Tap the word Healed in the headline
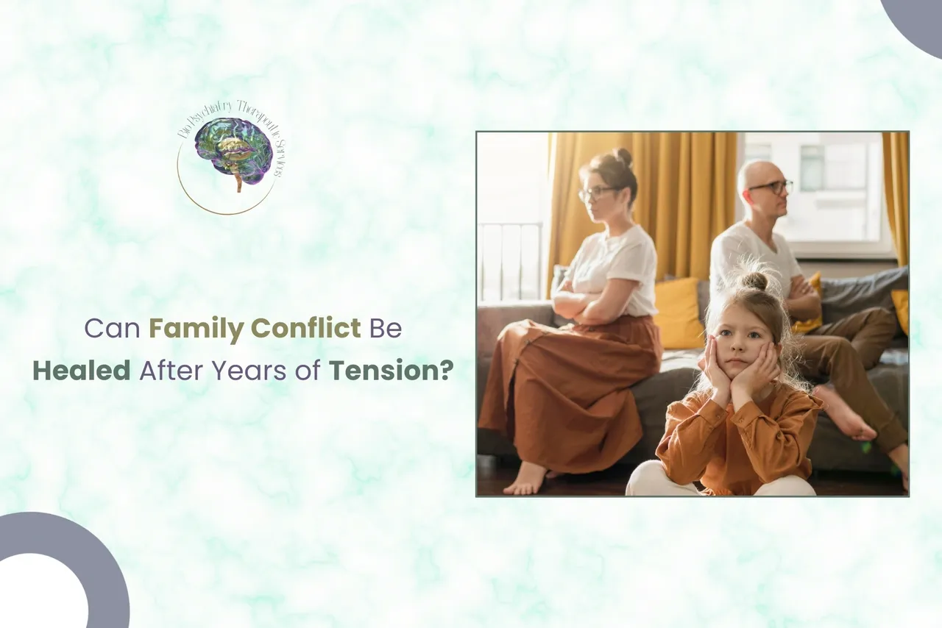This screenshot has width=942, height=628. tap(81, 370)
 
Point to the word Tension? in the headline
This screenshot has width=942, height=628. tap(390, 370)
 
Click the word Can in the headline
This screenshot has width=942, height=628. tap(113, 328)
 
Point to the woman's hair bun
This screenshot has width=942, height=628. tap(623, 157)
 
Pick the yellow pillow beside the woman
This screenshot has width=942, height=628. tap(679, 313)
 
